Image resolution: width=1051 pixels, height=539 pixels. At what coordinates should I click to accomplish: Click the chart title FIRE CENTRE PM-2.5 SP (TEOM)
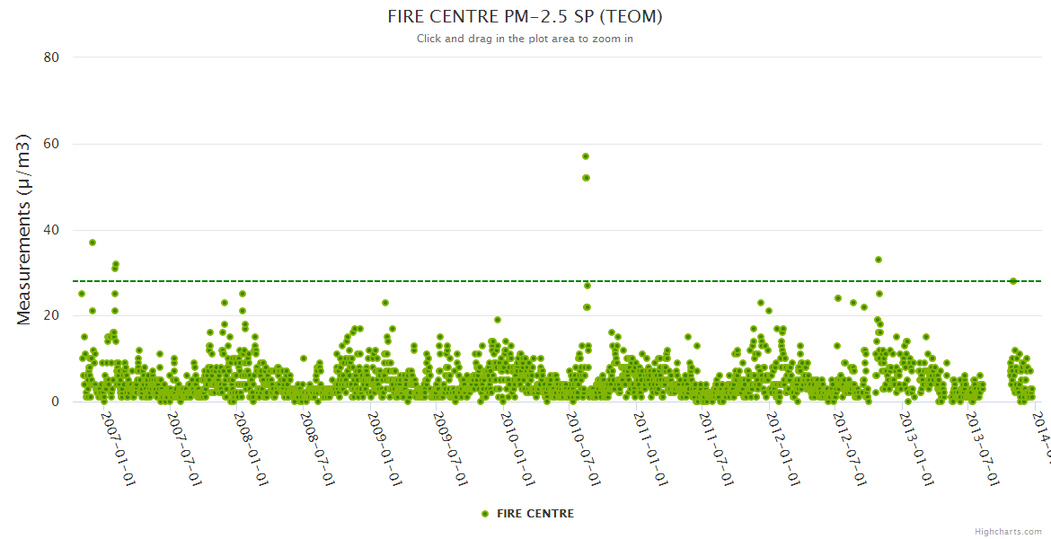point(525,17)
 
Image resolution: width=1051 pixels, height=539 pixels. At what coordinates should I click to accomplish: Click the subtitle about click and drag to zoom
point(525,39)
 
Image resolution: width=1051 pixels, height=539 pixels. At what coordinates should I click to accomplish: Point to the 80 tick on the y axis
point(51,57)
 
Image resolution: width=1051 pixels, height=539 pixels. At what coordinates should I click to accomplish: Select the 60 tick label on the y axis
point(51,144)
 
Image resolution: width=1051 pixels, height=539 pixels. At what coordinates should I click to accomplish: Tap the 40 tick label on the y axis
point(51,230)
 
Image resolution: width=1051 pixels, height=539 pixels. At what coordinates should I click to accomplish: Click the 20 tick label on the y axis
point(51,316)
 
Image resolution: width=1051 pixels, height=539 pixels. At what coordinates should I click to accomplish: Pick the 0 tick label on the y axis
point(55,402)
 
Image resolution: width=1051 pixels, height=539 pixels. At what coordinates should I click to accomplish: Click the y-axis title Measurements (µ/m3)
point(25,229)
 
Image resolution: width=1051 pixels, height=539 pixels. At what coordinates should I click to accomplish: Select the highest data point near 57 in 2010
point(586,156)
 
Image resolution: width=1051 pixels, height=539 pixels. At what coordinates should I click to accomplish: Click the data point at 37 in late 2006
point(93,243)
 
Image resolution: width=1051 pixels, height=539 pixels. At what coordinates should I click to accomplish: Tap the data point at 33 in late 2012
point(879,260)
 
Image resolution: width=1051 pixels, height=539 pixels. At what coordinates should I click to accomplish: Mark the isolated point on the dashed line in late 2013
point(1013,281)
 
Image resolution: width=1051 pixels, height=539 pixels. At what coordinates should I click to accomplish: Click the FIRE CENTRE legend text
point(534,514)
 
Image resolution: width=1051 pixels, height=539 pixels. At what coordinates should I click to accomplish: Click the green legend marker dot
point(485,514)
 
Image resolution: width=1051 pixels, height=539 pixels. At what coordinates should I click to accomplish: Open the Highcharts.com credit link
point(1008,532)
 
